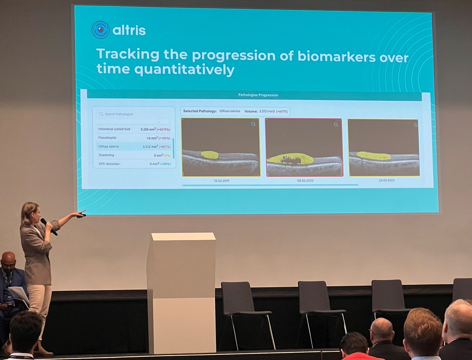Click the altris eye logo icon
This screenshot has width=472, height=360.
pyautogui.click(x=100, y=30)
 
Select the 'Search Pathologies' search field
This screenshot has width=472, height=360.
pyautogui.click(x=134, y=114)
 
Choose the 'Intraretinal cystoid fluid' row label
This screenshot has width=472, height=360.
pyautogui.click(x=114, y=129)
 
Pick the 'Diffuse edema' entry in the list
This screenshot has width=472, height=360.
pyautogui.click(x=108, y=146)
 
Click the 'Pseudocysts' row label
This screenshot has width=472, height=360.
pyautogui.click(x=107, y=138)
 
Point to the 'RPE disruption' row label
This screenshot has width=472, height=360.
pyautogui.click(x=109, y=164)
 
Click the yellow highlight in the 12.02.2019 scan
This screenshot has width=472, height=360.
pyautogui.click(x=210, y=155)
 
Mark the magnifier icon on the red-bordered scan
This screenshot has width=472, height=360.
pyautogui.click(x=336, y=124)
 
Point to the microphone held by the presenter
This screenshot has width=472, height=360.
pyautogui.click(x=49, y=226)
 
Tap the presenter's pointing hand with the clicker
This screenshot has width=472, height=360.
pyautogui.click(x=81, y=214)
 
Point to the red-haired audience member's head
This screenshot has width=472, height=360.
pyautogui.click(x=422, y=327)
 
